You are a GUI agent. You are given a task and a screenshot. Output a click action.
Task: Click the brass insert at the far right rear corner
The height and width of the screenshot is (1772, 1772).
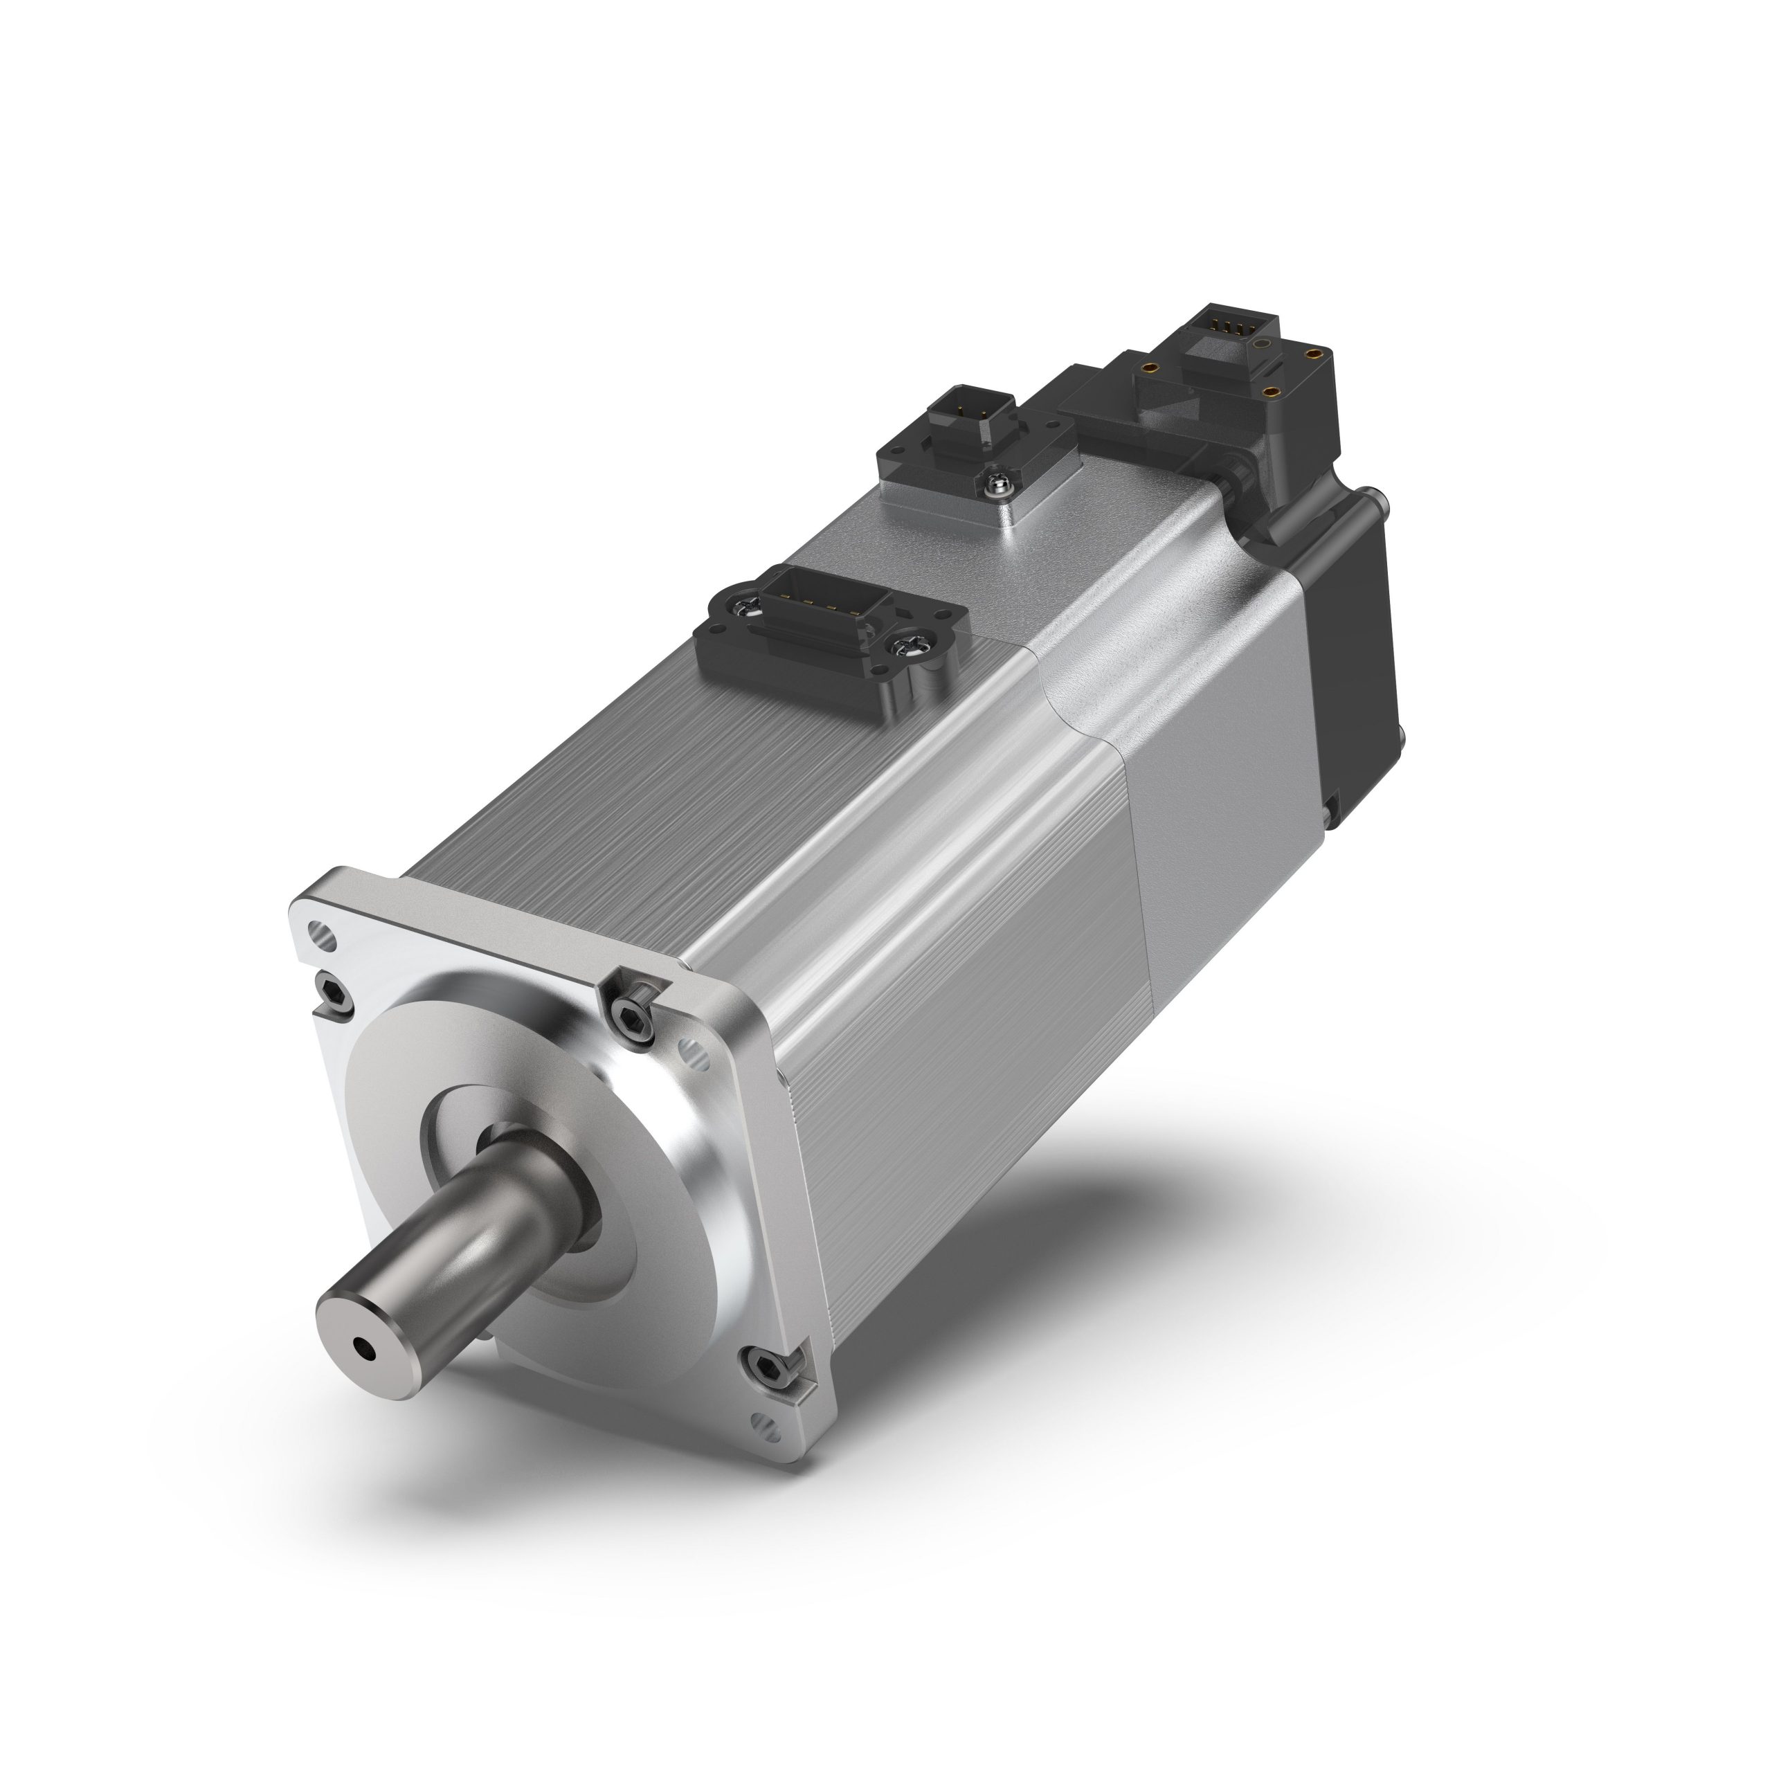tap(1314, 350)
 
